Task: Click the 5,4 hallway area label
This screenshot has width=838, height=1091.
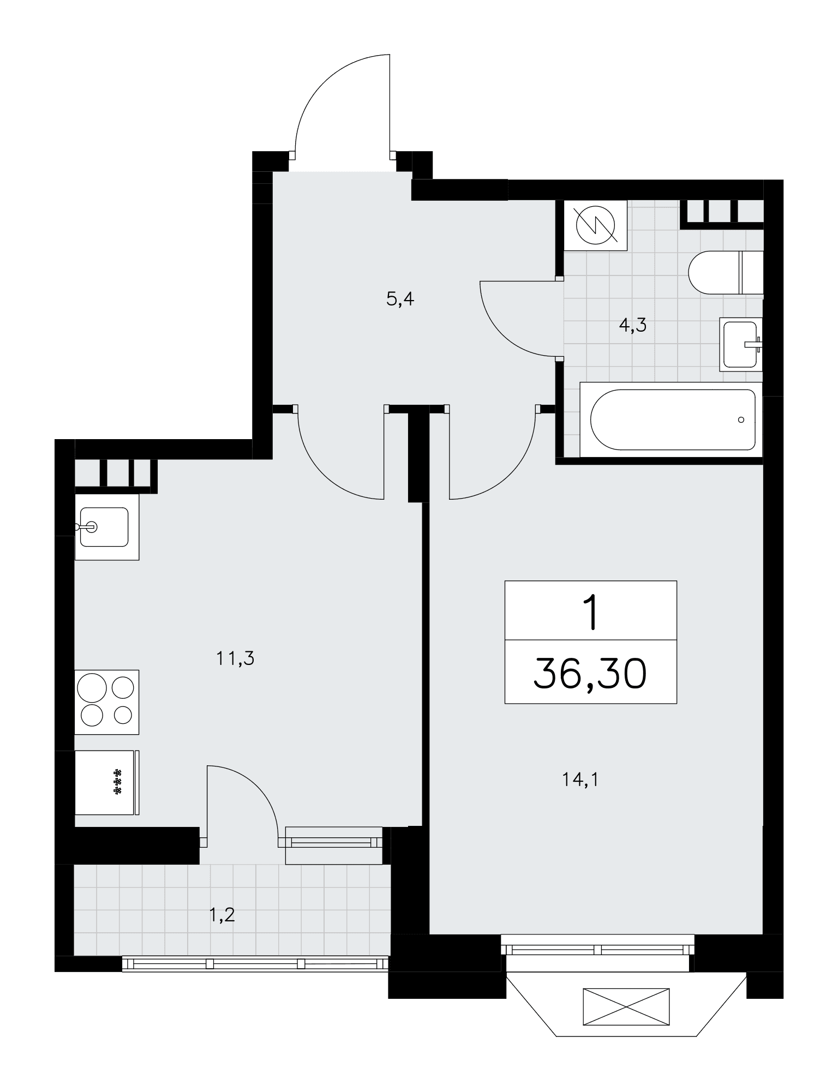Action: click(x=400, y=299)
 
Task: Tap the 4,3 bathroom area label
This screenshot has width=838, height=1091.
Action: click(x=633, y=326)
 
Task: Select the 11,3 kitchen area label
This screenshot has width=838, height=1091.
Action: click(x=235, y=659)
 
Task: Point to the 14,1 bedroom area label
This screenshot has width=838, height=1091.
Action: click(x=580, y=780)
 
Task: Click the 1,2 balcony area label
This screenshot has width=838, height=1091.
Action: click(x=222, y=915)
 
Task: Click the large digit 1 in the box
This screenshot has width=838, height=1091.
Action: click(x=591, y=612)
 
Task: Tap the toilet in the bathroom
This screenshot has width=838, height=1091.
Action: click(x=725, y=273)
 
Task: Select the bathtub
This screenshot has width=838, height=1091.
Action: click(x=671, y=419)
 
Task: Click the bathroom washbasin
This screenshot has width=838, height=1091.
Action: click(x=741, y=344)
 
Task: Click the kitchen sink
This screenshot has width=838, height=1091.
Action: click(x=107, y=527)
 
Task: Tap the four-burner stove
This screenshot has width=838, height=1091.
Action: click(x=107, y=702)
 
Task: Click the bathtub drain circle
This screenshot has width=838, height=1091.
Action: click(x=740, y=419)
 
